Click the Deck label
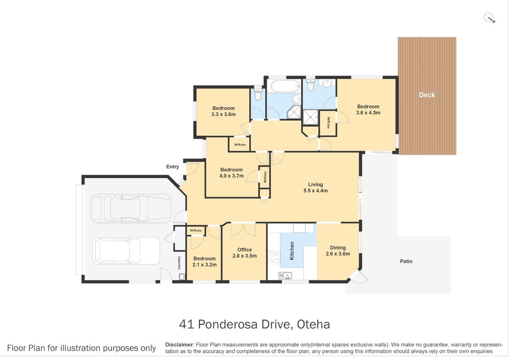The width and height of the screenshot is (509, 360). point(427,95)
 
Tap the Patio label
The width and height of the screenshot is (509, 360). point(406,261)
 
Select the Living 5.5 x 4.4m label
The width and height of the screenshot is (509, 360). point(315,187)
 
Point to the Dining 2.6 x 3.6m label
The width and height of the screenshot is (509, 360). point(338,251)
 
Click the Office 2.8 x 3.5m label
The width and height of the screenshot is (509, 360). point(244,252)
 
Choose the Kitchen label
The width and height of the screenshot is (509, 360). point(292,251)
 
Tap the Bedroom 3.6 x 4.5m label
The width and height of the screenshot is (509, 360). point(368,109)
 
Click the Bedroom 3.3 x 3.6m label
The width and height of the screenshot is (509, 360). point(223,111)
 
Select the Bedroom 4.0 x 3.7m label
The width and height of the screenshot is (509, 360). point(231,173)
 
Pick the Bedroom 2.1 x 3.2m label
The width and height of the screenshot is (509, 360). point(204,261)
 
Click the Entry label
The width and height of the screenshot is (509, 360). point(172,166)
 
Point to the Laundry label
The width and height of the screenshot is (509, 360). point(179,263)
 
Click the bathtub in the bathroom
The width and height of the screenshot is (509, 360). point(285,86)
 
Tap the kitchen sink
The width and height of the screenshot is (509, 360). point(285,276)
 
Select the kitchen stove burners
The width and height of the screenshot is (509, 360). point(274,257)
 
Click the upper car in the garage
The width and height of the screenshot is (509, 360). point(131,208)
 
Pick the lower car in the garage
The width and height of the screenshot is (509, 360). point(126,251)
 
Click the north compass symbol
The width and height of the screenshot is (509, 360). point(489,18)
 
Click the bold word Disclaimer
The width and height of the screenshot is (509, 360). point(179,345)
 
